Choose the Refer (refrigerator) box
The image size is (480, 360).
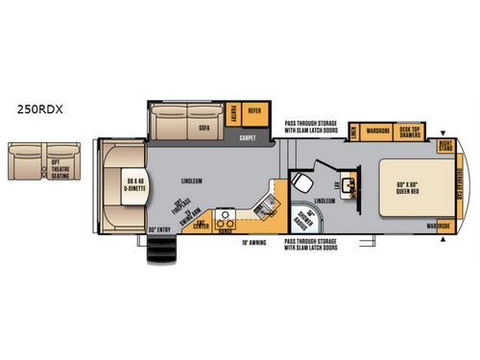[x=254, y=112]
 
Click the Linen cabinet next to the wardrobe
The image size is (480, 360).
[x=355, y=132]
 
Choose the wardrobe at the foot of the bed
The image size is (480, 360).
[x=440, y=227]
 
